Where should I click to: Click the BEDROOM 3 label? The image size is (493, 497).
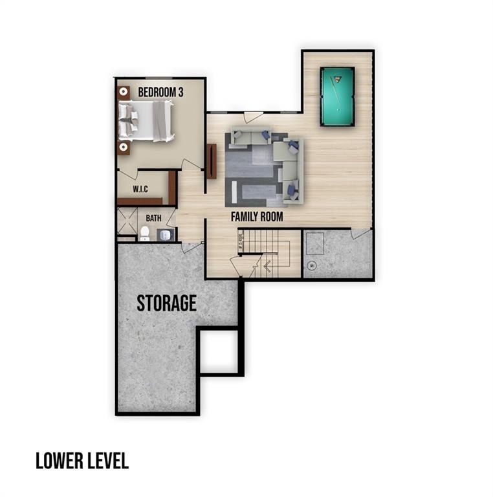pos(160,93)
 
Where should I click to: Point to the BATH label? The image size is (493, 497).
pos(153,218)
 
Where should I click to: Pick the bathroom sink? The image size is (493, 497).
pos(166,234)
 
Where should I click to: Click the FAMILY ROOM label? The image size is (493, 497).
pos(257,217)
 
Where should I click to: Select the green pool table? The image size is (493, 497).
pos(337,97)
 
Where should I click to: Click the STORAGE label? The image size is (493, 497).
pos(166,303)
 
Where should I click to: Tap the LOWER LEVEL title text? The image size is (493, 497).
pos(82,461)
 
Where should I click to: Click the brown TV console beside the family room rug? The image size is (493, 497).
pos(211,161)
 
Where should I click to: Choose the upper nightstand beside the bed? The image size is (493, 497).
pos(124,93)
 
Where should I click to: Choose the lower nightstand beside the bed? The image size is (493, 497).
pos(124,148)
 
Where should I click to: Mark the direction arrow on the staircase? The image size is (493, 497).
pos(267,265)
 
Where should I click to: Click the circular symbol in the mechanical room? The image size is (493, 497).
pos(311,265)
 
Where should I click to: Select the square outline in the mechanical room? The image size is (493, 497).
pos(316,244)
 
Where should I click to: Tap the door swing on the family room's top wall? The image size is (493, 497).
pos(253,117)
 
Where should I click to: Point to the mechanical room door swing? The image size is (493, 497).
pos(360,233)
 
